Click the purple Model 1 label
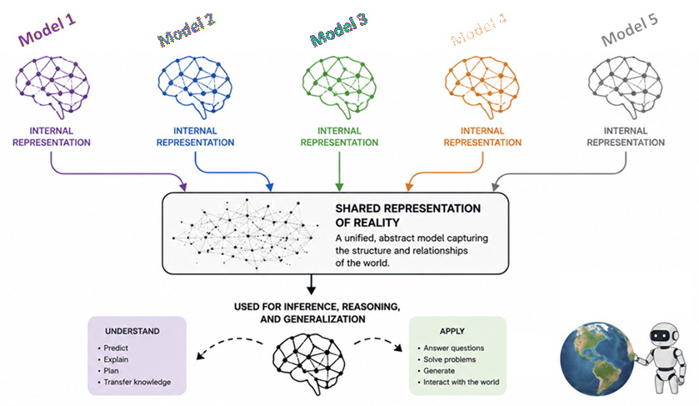47,30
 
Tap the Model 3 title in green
339,30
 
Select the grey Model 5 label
630,30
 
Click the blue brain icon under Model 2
195,87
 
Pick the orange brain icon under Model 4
482,87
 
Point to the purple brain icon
52,87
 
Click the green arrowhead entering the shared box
339,187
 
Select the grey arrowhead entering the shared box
495,186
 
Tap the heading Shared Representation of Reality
408,215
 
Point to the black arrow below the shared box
311,284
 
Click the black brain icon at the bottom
309,363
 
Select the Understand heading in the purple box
132,331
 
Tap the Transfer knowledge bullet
135,382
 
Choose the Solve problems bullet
447,359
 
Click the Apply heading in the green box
452,331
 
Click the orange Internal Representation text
482,137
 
